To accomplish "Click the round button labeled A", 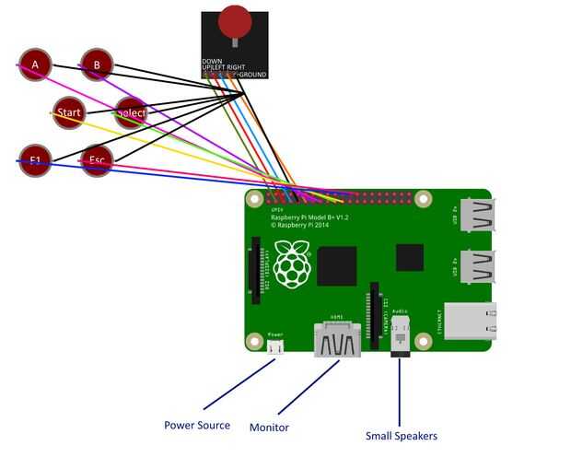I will click(x=35, y=64).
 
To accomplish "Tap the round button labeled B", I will click(x=96, y=64).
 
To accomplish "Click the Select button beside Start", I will click(x=131, y=112).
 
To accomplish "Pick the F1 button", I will click(x=35, y=160).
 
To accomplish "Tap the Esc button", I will click(x=97, y=160).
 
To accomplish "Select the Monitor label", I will click(x=269, y=428).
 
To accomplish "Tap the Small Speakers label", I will click(x=401, y=436).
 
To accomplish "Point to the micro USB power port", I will click(x=275, y=346).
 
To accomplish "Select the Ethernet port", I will click(x=470, y=322).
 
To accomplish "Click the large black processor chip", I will click(x=336, y=266).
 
